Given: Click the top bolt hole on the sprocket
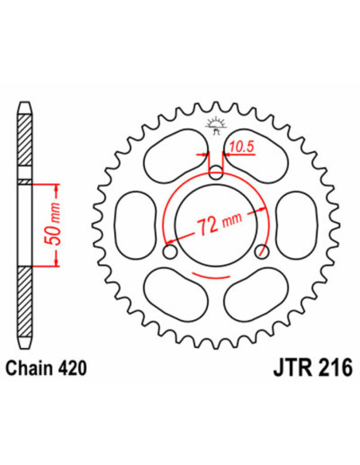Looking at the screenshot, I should click(x=215, y=171).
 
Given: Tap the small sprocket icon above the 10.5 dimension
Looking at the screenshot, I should click(x=213, y=123).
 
